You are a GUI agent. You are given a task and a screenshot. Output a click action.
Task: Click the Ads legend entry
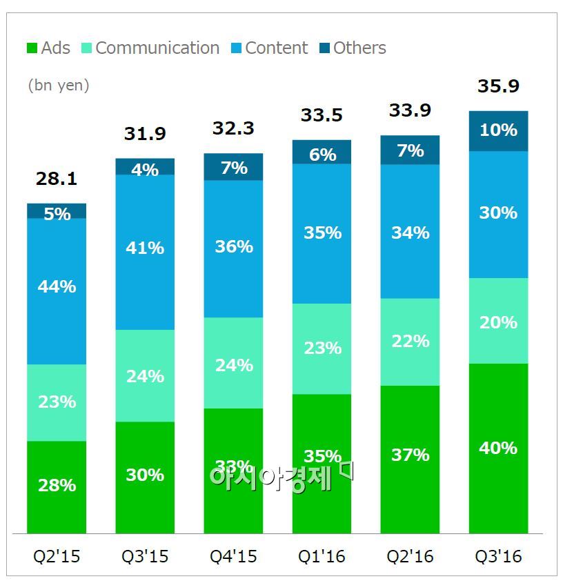pyautogui.click(x=49, y=48)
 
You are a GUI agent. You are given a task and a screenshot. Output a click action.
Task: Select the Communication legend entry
pyautogui.click(x=150, y=48)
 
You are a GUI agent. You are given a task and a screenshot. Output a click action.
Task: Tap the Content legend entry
pyautogui.click(x=269, y=48)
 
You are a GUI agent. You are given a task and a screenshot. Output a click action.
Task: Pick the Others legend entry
pyautogui.click(x=353, y=48)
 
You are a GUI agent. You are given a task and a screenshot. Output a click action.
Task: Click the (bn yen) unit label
pyautogui.click(x=59, y=86)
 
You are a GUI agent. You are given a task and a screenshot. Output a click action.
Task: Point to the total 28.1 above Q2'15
pyautogui.click(x=56, y=180)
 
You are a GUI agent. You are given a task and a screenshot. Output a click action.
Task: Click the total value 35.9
pyautogui.click(x=498, y=87)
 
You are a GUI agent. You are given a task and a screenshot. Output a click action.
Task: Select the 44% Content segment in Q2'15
pyautogui.click(x=57, y=286)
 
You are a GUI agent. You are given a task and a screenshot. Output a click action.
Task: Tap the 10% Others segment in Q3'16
pyautogui.click(x=498, y=130)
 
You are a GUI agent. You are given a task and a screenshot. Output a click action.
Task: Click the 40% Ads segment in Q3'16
pyautogui.click(x=498, y=449)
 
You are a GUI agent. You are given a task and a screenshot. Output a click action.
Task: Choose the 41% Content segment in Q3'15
pyautogui.click(x=145, y=248)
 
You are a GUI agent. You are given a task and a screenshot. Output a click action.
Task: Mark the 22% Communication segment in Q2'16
pyautogui.click(x=410, y=342)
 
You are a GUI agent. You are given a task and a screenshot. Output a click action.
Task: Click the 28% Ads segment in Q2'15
pyautogui.click(x=57, y=485)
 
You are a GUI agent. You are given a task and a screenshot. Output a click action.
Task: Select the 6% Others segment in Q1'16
pyautogui.click(x=322, y=154)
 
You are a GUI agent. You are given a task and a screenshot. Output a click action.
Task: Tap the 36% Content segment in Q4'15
pyautogui.click(x=233, y=247)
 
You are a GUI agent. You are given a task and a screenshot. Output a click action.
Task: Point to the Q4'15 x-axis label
pyautogui.click(x=233, y=556)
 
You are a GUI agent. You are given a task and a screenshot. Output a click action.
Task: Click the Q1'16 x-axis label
pyautogui.click(x=322, y=556)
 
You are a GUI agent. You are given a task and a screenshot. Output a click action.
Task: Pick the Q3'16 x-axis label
pyautogui.click(x=498, y=556)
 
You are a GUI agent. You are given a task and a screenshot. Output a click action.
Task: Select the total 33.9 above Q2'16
pyautogui.click(x=410, y=110)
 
